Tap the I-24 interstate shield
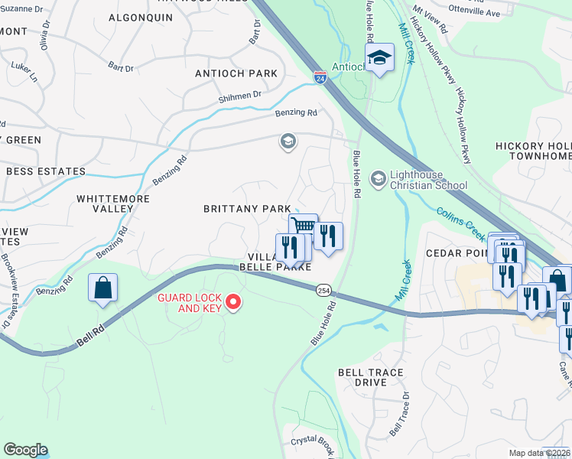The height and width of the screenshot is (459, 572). [320, 78]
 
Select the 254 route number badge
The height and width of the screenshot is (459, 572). [323, 289]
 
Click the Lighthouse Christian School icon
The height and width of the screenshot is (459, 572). [378, 179]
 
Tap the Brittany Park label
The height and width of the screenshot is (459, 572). [246, 209]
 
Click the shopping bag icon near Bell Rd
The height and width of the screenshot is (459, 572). [103, 288]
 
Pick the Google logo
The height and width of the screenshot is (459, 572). [25, 450]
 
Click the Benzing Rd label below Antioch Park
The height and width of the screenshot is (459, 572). [296, 112]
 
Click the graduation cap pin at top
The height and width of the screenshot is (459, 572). [379, 58]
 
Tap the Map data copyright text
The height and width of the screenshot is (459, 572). [540, 453]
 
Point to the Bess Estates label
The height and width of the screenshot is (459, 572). [45, 171]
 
